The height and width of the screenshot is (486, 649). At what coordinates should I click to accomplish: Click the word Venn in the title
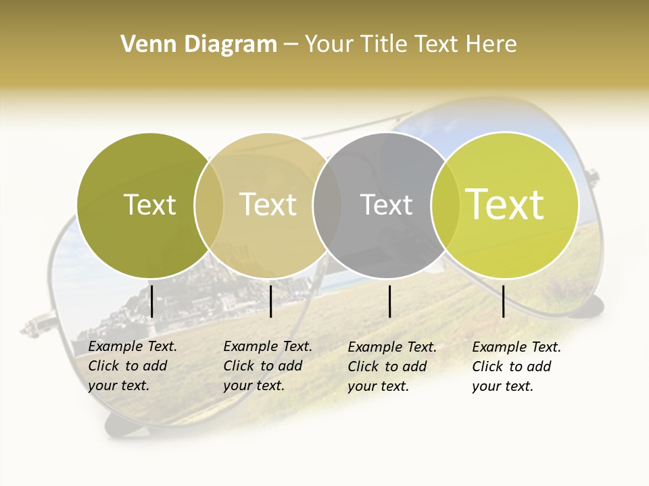coord(143,45)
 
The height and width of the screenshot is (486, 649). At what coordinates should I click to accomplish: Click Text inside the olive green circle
coord(149,205)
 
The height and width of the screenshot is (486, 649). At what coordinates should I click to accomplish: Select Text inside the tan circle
coord(268,205)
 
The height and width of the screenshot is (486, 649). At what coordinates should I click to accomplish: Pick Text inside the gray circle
coord(386,205)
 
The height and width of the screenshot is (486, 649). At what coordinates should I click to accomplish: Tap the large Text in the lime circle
coord(504,205)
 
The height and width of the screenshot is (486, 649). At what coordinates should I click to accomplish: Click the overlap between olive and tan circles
coord(209,205)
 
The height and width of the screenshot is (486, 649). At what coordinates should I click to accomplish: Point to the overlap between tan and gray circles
coord(327,205)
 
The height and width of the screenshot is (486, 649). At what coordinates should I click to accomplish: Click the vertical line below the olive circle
coord(152,301)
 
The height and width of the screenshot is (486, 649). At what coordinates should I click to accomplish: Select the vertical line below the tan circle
coord(271,301)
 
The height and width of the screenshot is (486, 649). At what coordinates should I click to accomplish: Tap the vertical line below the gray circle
coord(390,301)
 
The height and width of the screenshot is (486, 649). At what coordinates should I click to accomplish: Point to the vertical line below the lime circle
coord(504,301)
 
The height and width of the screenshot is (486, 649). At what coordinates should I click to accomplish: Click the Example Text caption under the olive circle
coord(132,366)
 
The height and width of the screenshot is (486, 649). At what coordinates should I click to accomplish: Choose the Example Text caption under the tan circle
coord(267,366)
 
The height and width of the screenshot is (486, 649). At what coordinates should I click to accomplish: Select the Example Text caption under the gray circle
coord(391,367)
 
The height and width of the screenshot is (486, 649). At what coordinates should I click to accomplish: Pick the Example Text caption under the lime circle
coord(516,367)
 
